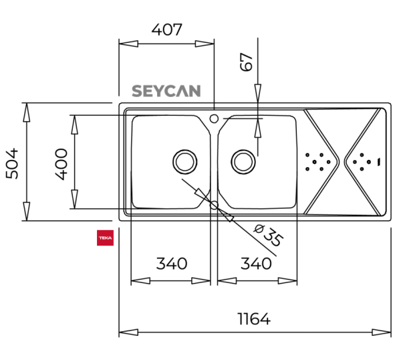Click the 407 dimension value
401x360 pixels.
pyautogui.click(x=166, y=29)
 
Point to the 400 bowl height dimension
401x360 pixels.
pyautogui.click(x=61, y=162)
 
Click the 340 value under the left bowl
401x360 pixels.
pyautogui.click(x=172, y=263)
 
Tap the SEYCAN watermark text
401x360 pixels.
pyautogui.click(x=166, y=91)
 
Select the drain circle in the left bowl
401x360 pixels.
pyautogui.click(x=184, y=161)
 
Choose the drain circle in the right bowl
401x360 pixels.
pyautogui.click(x=243, y=161)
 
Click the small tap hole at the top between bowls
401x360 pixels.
pyautogui.click(x=214, y=119)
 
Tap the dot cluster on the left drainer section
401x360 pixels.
pyautogui.click(x=317, y=161)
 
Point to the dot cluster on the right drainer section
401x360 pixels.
pyautogui.click(x=362, y=161)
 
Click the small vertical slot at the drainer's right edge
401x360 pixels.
pyautogui.click(x=379, y=161)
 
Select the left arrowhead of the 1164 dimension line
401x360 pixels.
pyautogui.click(x=124, y=332)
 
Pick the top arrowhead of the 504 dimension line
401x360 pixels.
pyautogui.click(x=26, y=107)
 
